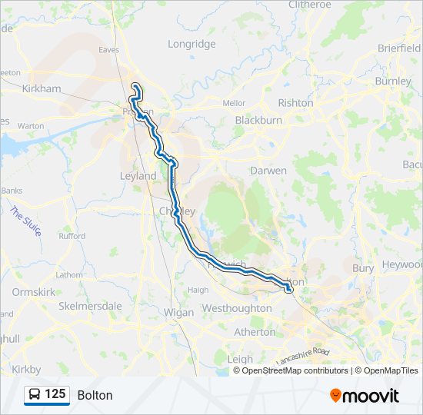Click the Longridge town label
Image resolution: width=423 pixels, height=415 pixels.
192,44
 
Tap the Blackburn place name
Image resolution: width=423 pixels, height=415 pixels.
258,120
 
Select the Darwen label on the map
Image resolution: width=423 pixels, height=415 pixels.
268,171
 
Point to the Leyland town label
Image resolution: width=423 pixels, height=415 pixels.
138,175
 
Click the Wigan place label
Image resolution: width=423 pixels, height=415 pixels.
178,313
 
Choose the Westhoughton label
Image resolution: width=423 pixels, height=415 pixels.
236,308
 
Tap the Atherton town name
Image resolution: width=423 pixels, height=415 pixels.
255,332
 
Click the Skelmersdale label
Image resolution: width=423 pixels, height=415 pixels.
91,305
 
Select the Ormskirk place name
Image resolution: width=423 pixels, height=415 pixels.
32,292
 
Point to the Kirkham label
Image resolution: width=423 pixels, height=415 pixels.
41,88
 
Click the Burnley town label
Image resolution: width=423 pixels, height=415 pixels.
394,81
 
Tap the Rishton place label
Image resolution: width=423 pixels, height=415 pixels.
295,102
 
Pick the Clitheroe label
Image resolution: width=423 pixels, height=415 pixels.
309,5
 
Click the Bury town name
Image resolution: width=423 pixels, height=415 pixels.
362,268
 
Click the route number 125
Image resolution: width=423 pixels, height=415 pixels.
55,394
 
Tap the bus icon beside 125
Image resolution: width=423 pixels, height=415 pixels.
35,395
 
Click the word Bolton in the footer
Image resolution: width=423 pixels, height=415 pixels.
95,395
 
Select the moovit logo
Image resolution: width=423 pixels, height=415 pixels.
365,395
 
